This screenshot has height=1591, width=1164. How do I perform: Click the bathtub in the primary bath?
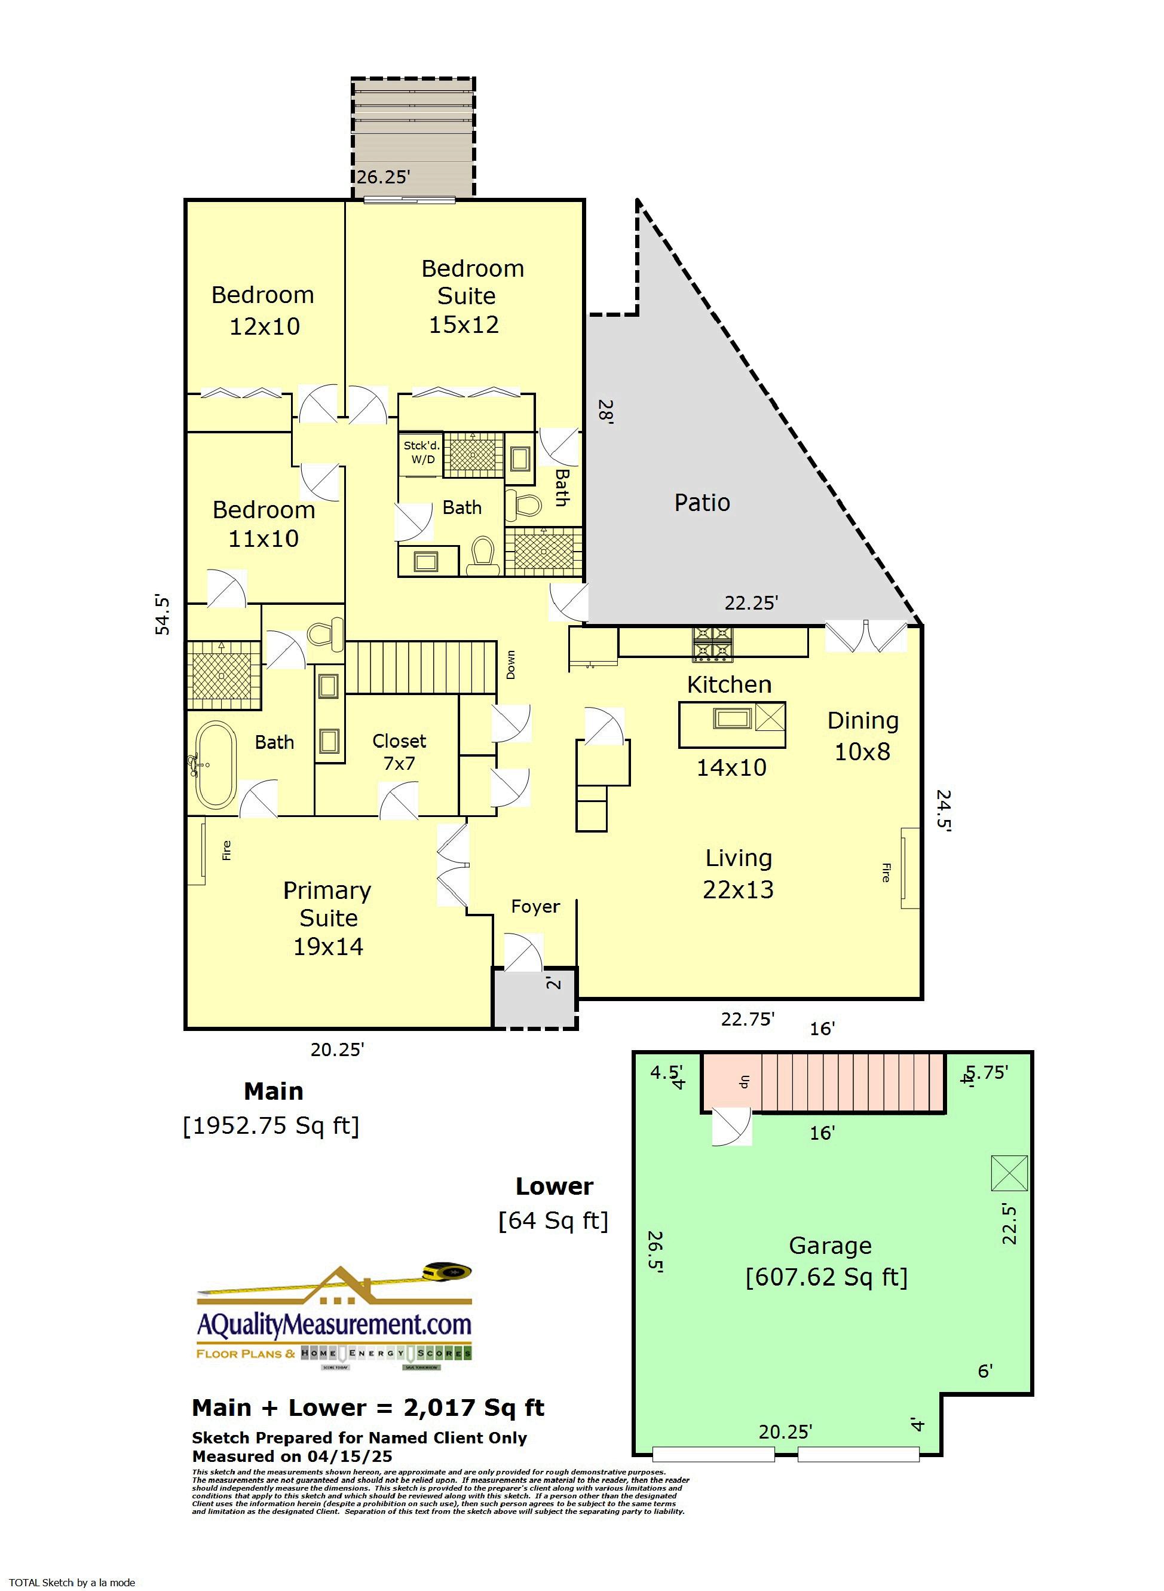point(216,764)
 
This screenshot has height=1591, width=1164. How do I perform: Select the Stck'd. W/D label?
point(421,452)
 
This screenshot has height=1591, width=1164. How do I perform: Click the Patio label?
point(702,503)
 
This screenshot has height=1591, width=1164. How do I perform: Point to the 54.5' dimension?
point(163,615)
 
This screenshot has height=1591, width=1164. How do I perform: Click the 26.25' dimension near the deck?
point(382,177)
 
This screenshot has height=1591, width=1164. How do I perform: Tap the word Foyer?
point(535,906)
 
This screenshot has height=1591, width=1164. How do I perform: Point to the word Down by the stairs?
point(511,665)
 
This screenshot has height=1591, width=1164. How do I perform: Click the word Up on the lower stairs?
point(743,1082)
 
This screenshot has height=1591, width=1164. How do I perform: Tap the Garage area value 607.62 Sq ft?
point(826,1277)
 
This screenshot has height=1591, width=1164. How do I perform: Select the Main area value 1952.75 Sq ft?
point(271,1125)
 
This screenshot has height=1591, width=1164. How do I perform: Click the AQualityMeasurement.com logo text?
point(334,1324)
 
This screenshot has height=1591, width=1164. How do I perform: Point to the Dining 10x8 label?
point(862,736)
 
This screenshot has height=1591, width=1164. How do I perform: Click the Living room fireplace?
point(909,868)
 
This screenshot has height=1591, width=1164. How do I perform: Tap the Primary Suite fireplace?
point(197,850)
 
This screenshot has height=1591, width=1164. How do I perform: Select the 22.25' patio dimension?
point(751,603)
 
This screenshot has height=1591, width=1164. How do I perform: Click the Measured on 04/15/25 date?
point(292,1456)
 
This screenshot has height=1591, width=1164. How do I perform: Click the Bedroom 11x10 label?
point(264,524)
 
